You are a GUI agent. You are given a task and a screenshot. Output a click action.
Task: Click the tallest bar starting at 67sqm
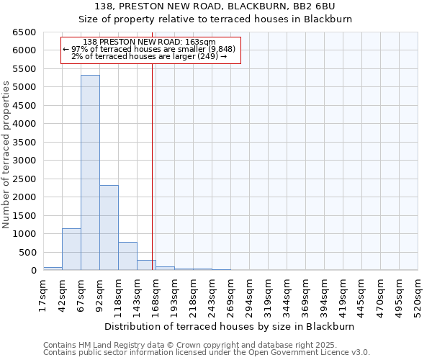point(90,173)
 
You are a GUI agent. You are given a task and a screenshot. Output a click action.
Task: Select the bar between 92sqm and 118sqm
point(109,228)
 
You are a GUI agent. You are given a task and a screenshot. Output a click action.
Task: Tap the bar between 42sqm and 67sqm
point(71,249)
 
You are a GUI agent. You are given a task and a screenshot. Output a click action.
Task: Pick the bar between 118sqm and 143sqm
point(127,256)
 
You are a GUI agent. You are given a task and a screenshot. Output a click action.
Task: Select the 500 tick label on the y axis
point(27,252)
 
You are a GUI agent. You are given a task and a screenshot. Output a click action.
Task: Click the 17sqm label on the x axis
point(43,293)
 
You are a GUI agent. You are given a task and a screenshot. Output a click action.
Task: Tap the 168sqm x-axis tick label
point(156,295)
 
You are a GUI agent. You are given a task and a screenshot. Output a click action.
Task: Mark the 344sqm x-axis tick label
point(287,295)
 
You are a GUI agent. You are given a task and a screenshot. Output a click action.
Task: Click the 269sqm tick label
point(230,295)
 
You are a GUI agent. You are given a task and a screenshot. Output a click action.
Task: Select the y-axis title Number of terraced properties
point(6,154)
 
